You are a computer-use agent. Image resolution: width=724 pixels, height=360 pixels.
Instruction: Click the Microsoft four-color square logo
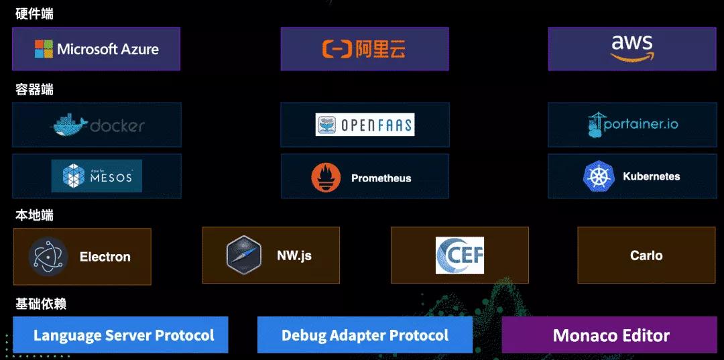pyautogui.click(x=44, y=49)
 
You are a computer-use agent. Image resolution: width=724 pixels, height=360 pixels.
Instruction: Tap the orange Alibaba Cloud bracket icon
pyautogui.click(x=337, y=49)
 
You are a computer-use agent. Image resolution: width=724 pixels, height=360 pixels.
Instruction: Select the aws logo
pyautogui.click(x=631, y=48)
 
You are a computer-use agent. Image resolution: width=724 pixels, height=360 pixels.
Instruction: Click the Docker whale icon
pyautogui.click(x=69, y=125)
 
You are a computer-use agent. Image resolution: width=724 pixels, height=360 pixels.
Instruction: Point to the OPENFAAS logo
pyautogui.click(x=365, y=125)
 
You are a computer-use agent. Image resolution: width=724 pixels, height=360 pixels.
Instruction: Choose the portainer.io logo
pyautogui.click(x=631, y=125)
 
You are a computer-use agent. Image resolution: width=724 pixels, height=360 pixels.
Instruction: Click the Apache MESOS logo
pyautogui.click(x=97, y=176)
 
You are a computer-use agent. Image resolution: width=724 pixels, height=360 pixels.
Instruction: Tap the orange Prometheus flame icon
pyautogui.click(x=326, y=178)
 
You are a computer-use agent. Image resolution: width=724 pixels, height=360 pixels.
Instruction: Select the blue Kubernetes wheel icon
pyautogui.click(x=599, y=176)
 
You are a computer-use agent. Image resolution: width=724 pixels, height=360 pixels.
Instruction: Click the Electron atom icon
pyautogui.click(x=48, y=256)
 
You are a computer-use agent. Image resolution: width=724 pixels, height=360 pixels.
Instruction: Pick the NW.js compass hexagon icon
pyautogui.click(x=243, y=255)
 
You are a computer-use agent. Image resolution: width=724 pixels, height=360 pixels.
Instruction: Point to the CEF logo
pyautogui.click(x=459, y=255)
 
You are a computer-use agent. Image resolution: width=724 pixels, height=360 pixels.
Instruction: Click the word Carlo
pyautogui.click(x=646, y=255)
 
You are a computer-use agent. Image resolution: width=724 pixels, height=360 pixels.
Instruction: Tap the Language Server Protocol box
pyautogui.click(x=121, y=335)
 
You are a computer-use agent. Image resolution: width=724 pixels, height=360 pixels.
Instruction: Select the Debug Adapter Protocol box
pyautogui.click(x=365, y=335)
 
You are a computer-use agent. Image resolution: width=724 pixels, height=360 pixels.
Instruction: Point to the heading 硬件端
pyautogui.click(x=34, y=14)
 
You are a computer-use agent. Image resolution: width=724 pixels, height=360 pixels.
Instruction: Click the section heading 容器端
pyautogui.click(x=34, y=90)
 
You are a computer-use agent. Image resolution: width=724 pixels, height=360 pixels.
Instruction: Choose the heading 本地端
pyautogui.click(x=34, y=216)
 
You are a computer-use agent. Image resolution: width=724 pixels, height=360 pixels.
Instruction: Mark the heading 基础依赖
pyautogui.click(x=40, y=304)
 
